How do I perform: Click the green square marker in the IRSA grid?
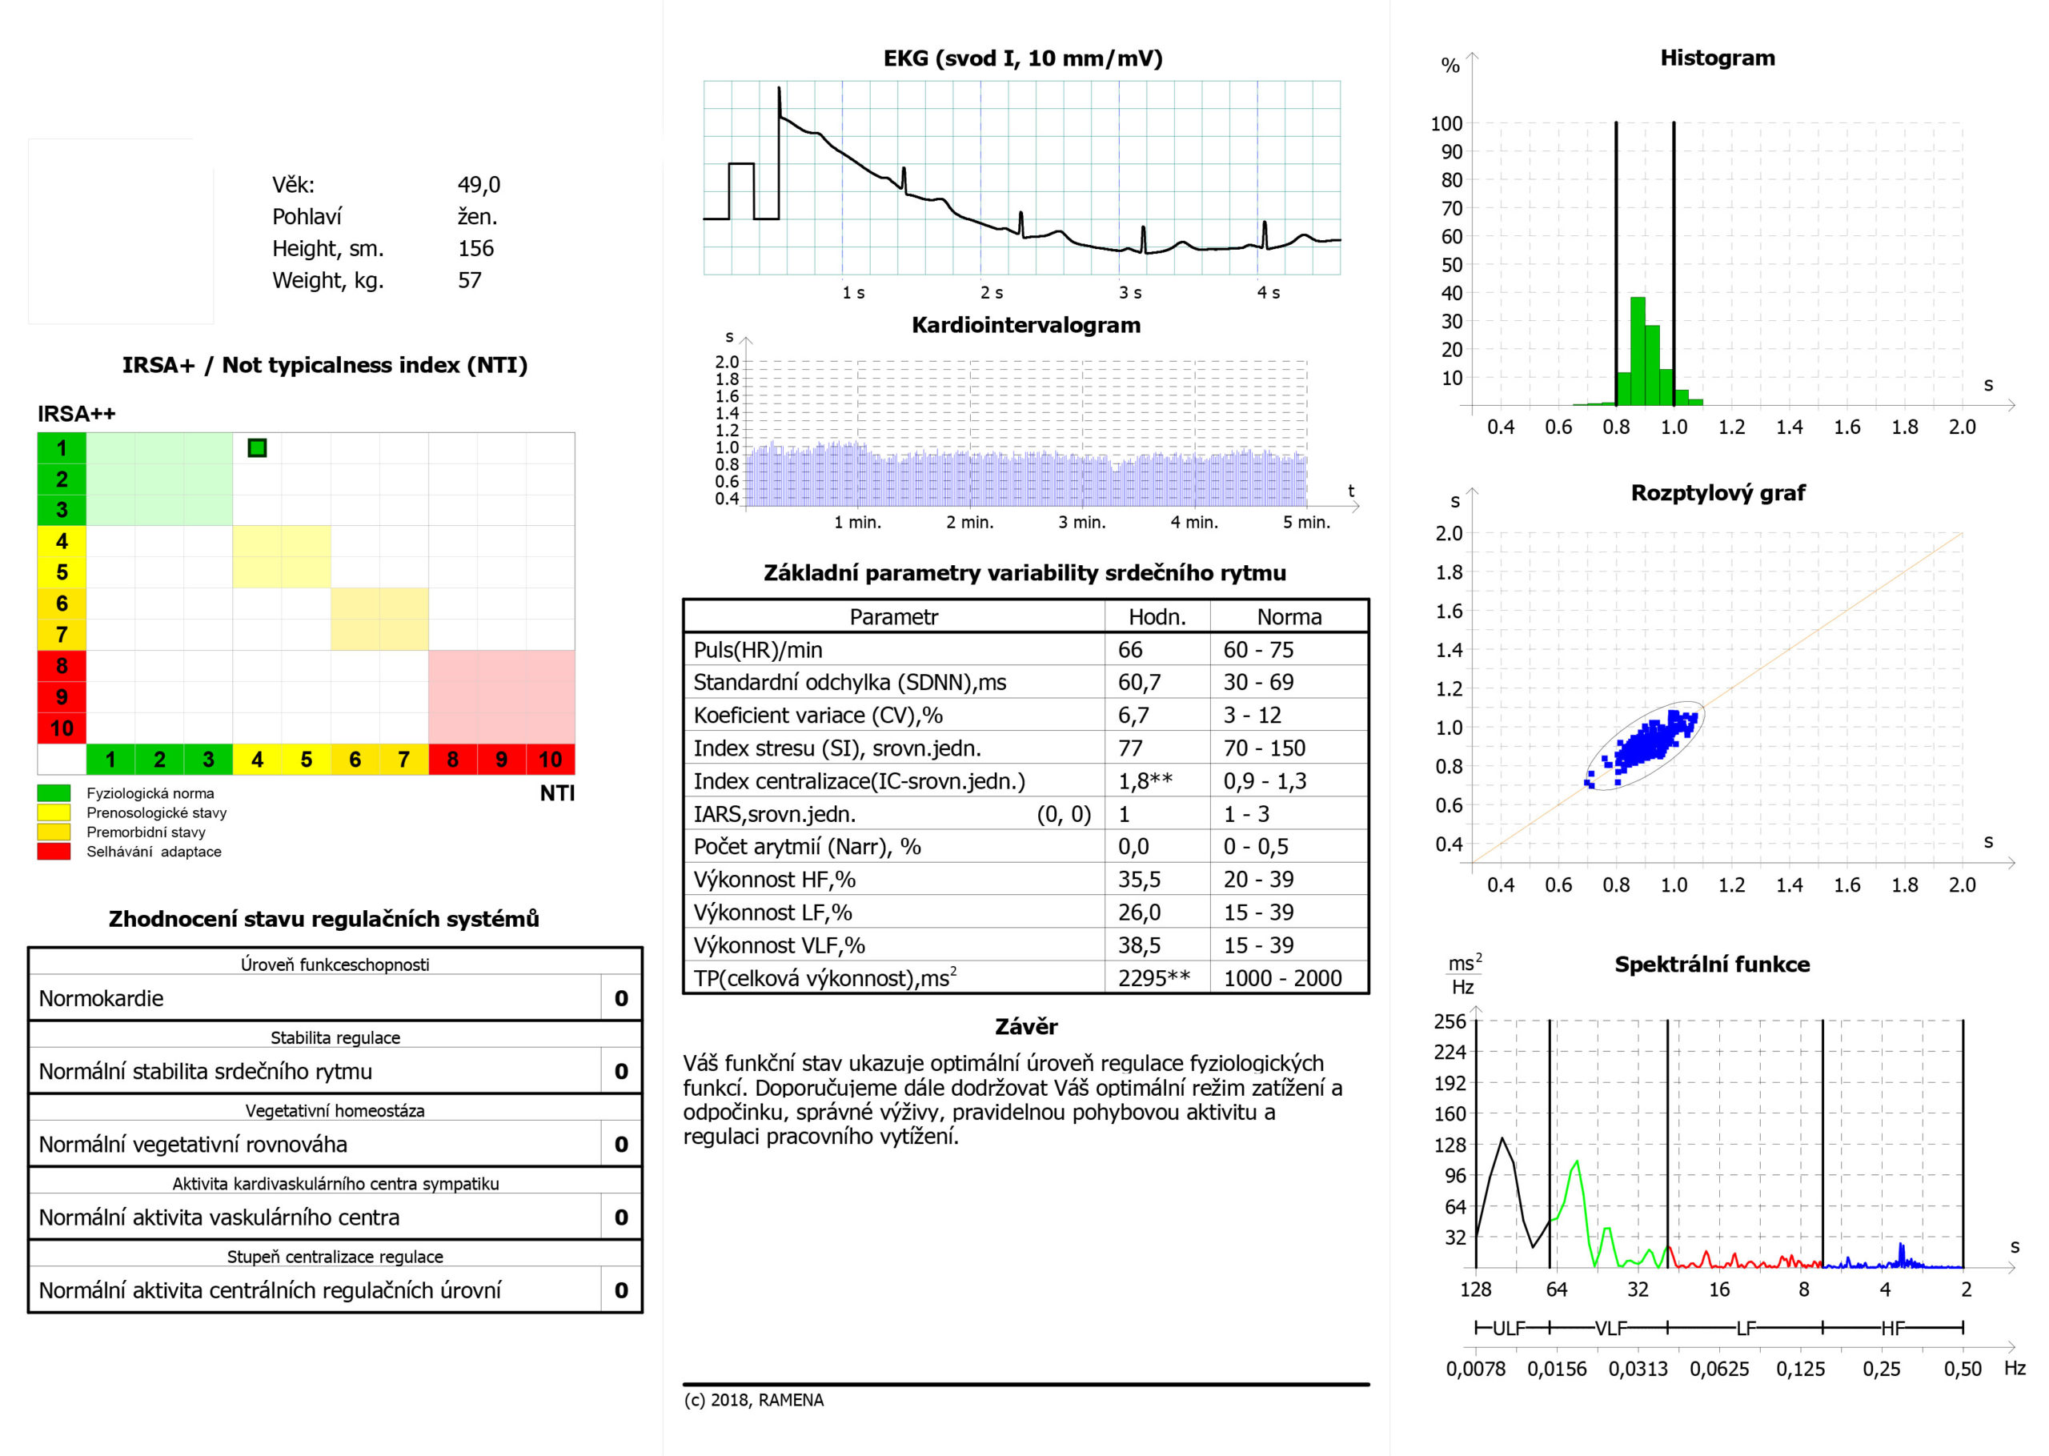pos(257,447)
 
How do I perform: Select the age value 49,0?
pos(479,185)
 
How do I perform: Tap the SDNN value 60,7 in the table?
pos(1138,682)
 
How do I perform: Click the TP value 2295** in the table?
pos(1153,978)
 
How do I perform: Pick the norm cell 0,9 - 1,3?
pos(1264,781)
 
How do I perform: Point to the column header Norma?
pos(1289,617)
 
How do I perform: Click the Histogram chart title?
pos(1717,58)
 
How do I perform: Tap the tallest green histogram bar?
pos(1638,351)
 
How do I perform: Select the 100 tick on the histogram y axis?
pos(1446,124)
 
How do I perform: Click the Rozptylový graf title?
pos(1718,493)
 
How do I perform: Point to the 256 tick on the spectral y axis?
pos(1450,1021)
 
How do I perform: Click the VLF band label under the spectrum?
pos(1610,1328)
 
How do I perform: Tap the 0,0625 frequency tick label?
pos(1718,1369)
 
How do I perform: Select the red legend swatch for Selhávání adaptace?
pos(54,852)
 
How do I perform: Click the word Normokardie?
pos(102,999)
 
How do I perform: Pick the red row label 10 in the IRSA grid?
pos(62,728)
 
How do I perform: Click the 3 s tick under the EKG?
pos(1129,293)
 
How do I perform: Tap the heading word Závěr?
pos(1025,1026)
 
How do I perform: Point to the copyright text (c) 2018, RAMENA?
pos(753,1399)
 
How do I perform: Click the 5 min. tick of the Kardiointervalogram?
pos(1306,523)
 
